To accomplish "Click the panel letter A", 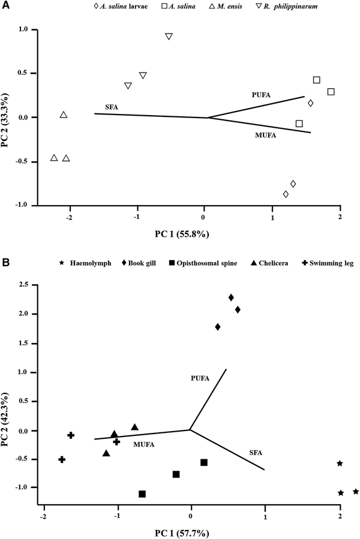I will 5,5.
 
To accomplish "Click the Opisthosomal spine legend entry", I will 209,263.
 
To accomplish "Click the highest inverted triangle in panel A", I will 169,37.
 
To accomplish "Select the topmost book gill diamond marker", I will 231,297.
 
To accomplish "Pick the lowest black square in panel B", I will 142,494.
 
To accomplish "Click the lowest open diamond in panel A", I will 286,194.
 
